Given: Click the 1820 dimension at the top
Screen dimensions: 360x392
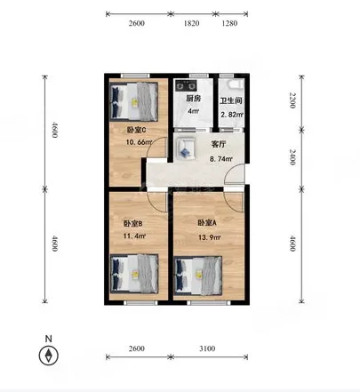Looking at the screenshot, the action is click(x=191, y=23).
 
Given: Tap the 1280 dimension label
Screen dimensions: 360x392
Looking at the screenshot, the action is click(x=229, y=23).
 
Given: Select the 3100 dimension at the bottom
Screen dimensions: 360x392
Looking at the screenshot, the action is click(x=207, y=348).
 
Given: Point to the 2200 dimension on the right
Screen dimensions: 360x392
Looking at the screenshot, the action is click(x=292, y=100).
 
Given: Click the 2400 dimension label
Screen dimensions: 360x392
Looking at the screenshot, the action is click(x=292, y=156).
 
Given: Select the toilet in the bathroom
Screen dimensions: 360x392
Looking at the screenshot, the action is click(x=236, y=84).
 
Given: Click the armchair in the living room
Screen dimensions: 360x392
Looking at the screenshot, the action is click(x=186, y=148).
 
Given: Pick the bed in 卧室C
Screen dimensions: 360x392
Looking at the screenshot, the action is click(x=134, y=101).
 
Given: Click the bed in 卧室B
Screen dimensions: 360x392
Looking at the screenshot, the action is click(x=134, y=274).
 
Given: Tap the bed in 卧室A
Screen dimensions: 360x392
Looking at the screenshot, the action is click(x=198, y=276).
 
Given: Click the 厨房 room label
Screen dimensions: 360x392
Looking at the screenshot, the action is click(x=193, y=99).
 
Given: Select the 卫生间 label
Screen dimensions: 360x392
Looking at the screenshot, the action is click(x=231, y=100).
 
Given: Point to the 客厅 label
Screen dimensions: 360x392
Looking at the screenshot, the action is click(x=219, y=144).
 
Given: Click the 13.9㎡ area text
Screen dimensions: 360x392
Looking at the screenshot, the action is click(x=210, y=237).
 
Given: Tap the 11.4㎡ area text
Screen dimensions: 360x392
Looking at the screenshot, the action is click(x=134, y=236).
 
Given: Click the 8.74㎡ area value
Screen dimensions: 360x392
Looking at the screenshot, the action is click(x=221, y=159).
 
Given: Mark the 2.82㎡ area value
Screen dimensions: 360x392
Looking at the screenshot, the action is click(x=232, y=115).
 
